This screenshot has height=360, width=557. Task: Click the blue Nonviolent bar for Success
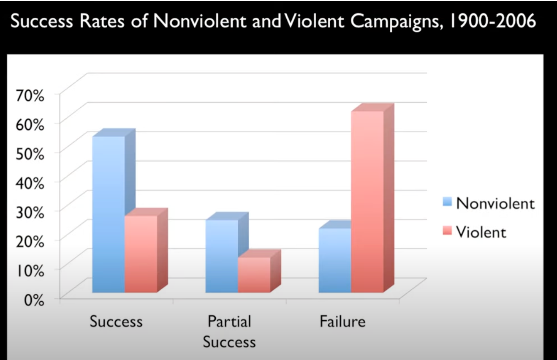coord(109,213)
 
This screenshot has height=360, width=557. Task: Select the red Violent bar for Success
coord(141,254)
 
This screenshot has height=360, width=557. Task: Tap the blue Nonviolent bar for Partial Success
coord(222,256)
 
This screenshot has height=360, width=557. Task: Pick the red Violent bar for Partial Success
coord(254,275)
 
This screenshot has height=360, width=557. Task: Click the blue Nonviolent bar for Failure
coord(335,260)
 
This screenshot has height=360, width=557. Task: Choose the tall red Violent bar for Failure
coord(367,201)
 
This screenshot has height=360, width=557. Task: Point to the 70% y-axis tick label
coord(31,95)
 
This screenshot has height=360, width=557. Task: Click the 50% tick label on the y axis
coord(31,153)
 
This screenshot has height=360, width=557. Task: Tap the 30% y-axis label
coord(31,212)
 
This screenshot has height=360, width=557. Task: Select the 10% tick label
coord(31,271)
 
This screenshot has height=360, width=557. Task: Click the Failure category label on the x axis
coord(342,322)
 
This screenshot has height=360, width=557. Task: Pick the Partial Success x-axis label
coord(229,332)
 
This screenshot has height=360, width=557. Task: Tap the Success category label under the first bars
coord(116,322)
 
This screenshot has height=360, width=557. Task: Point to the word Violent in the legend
coord(481,232)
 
